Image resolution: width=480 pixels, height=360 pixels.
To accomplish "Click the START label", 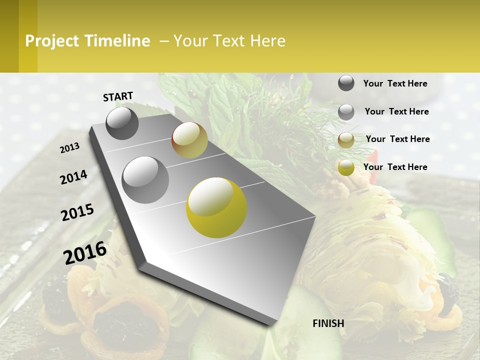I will (x=118, y=96).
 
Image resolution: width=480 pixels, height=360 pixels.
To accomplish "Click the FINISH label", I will (x=328, y=323).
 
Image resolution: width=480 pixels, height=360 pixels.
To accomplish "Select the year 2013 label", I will (x=70, y=147).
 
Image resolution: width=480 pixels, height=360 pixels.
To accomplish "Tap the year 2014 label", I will (x=73, y=177).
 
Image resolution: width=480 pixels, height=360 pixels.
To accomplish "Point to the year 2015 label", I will (x=77, y=212).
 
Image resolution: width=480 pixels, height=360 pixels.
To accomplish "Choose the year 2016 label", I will (x=85, y=252).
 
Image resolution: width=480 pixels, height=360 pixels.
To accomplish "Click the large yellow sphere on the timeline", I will (x=216, y=207).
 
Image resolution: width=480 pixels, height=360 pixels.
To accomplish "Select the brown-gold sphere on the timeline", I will (x=189, y=140).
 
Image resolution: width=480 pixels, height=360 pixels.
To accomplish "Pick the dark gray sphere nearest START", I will (x=122, y=123).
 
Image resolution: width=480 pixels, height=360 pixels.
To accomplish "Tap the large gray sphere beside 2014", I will (x=145, y=179).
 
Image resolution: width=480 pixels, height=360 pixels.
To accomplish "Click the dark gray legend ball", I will (x=346, y=83).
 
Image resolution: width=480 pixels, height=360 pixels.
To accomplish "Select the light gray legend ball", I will (x=346, y=112).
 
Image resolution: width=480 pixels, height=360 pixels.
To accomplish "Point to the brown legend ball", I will (x=346, y=140).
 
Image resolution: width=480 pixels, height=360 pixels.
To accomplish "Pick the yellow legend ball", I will (x=346, y=168).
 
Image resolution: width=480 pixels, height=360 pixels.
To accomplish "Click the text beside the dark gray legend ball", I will (x=395, y=83).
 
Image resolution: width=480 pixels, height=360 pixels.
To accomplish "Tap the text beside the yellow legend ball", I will (x=395, y=167).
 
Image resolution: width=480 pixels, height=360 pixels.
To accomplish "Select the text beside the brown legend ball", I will (x=397, y=139).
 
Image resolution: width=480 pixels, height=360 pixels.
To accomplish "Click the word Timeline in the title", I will (x=116, y=41).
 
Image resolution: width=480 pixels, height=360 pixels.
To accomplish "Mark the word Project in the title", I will (x=52, y=41).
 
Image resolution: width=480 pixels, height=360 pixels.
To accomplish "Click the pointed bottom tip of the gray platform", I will (x=272, y=323).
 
